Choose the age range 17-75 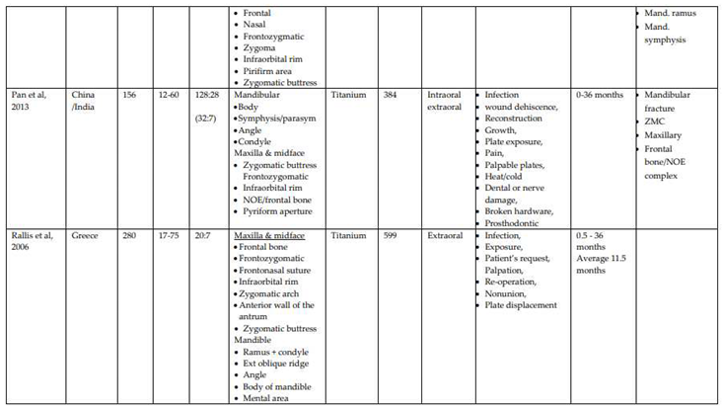[169, 236]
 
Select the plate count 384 [392, 96]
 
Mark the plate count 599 [392, 236]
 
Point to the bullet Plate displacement [521, 305]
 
